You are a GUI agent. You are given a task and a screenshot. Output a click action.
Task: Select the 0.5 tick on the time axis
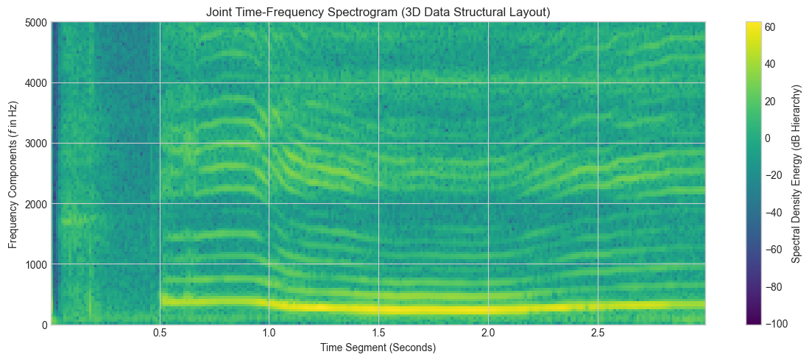tap(160, 334)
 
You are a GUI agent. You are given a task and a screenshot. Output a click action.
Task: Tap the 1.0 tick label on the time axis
tap(269, 334)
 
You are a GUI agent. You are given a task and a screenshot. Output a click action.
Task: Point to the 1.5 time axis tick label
tap(378, 334)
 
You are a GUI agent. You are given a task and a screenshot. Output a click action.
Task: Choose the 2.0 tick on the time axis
tap(488, 334)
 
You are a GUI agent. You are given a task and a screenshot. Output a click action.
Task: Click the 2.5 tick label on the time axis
tap(598, 334)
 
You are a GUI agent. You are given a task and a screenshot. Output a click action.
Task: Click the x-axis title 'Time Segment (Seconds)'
tap(378, 347)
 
